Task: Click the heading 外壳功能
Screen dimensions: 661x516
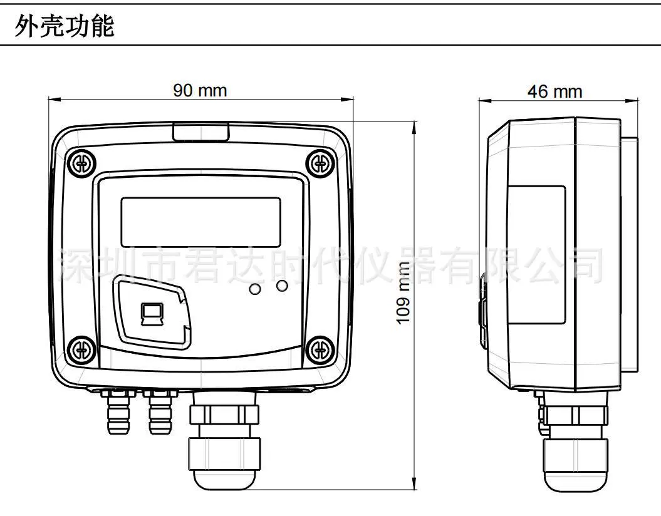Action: pos(65,27)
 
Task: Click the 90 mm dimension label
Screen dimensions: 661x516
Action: pos(200,91)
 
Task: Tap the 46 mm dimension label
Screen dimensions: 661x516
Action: pos(554,91)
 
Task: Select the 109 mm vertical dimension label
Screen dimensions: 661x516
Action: pos(403,292)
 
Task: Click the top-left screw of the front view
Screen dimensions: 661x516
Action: pos(82,163)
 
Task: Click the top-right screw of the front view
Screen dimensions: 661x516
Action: pos(320,163)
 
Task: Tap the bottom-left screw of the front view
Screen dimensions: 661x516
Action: pos(82,349)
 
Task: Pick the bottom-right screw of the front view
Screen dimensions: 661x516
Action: pos(320,349)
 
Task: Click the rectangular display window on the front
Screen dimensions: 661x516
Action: pos(200,222)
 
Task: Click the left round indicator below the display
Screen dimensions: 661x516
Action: pos(255,289)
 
